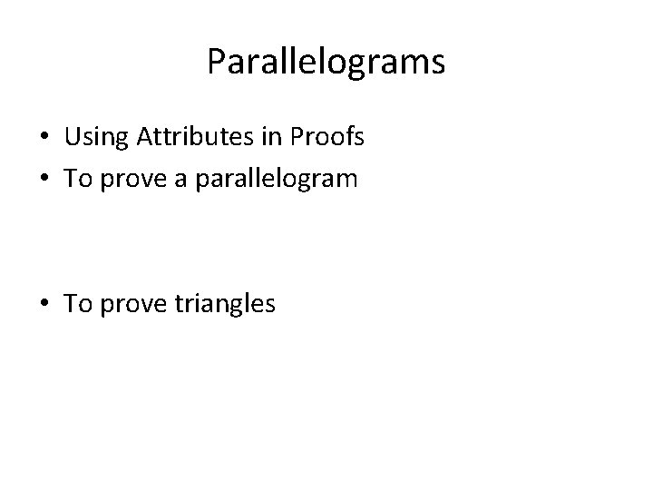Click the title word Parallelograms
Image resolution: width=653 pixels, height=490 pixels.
click(326, 62)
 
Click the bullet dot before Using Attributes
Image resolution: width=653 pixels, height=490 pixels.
click(44, 139)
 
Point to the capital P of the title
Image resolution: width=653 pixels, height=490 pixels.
click(216, 62)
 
